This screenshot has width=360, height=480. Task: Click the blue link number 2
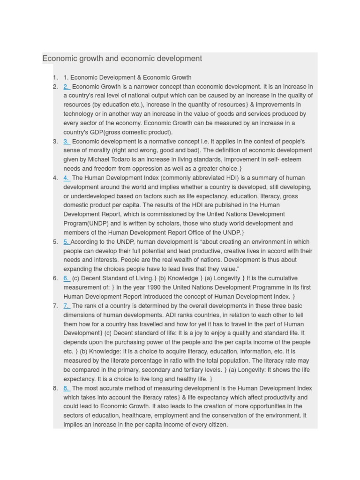[x=67, y=87]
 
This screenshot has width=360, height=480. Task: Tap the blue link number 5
[x=67, y=242]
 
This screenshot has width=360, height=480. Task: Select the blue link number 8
[x=67, y=388]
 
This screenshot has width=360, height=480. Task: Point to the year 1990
[x=144, y=287]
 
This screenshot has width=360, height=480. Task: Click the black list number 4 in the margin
[x=55, y=178]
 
